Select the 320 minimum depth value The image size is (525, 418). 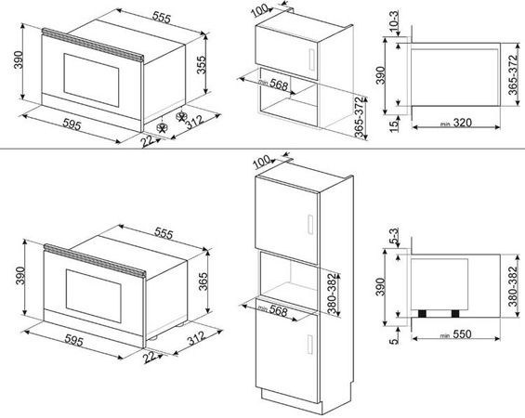point(463,123)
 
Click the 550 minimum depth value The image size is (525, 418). point(462,334)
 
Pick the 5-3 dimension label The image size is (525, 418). point(394,236)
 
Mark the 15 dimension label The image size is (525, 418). point(395,126)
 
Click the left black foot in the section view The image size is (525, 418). point(422,314)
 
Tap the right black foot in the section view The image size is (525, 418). point(455,314)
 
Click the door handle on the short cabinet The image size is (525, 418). point(311,59)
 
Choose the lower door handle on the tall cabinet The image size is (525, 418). point(310,344)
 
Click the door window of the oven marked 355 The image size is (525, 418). point(91,81)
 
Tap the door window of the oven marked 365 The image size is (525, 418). point(94,296)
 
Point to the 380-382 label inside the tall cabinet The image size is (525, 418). point(332,294)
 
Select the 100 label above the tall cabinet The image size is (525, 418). point(261,162)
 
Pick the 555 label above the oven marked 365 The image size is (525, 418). point(164,233)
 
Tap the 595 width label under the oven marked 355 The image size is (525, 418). point(72,125)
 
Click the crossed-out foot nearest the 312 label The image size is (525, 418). point(181,116)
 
